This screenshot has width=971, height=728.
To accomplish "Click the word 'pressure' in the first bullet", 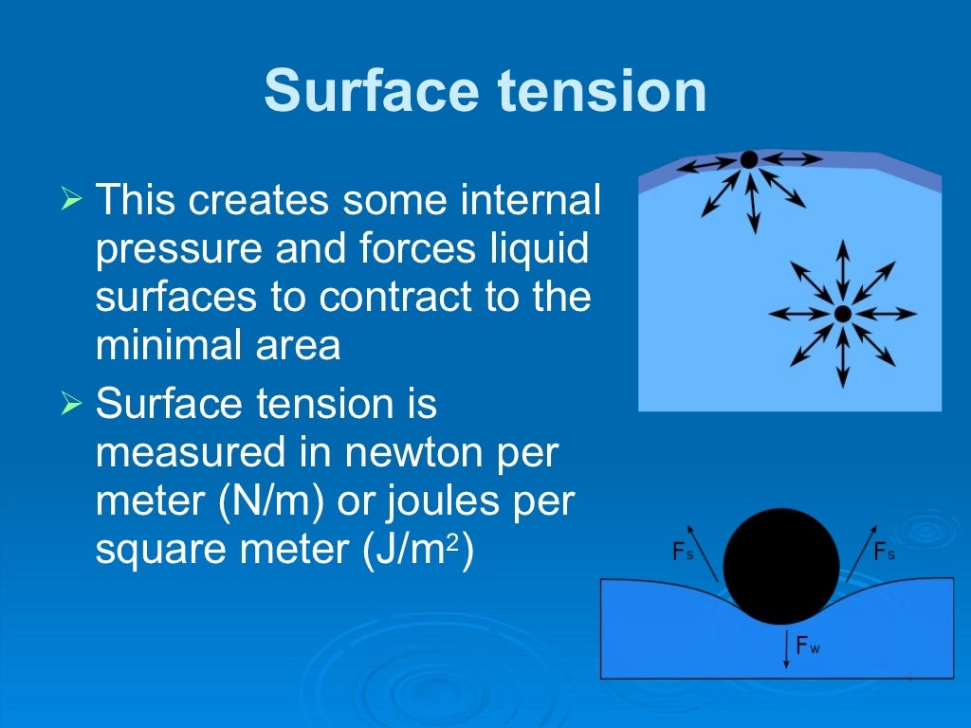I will [x=179, y=250].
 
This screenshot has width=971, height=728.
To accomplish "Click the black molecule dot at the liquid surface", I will [x=749, y=159].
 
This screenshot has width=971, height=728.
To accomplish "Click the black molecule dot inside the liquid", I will [x=842, y=314].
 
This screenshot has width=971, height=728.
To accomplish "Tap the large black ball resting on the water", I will [x=781, y=567].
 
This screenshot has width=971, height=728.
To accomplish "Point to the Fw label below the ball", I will [x=808, y=647].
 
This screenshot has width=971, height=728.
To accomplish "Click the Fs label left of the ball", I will [x=683, y=552].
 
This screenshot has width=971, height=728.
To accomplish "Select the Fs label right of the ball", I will [x=884, y=552].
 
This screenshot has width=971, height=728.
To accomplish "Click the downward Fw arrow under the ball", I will [x=785, y=650].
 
